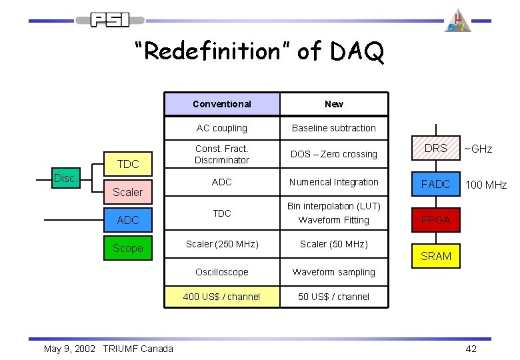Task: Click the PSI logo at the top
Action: (111, 20)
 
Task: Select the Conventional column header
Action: (222, 104)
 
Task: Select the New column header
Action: (334, 104)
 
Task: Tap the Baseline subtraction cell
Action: (334, 128)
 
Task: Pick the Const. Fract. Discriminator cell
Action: (222, 154)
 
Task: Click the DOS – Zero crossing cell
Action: (334, 154)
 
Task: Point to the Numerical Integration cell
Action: (334, 182)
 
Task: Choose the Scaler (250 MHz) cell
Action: (222, 244)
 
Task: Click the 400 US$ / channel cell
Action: (222, 297)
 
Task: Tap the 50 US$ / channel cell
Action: (334, 297)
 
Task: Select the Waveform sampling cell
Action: (334, 272)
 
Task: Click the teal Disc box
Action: (64, 178)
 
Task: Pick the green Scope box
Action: (127, 248)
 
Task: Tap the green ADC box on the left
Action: (127, 220)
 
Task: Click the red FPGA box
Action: (436, 220)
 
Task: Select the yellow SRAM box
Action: (436, 256)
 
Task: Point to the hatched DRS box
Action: (436, 149)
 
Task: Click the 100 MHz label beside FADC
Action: (486, 185)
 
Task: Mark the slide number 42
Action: (471, 349)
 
